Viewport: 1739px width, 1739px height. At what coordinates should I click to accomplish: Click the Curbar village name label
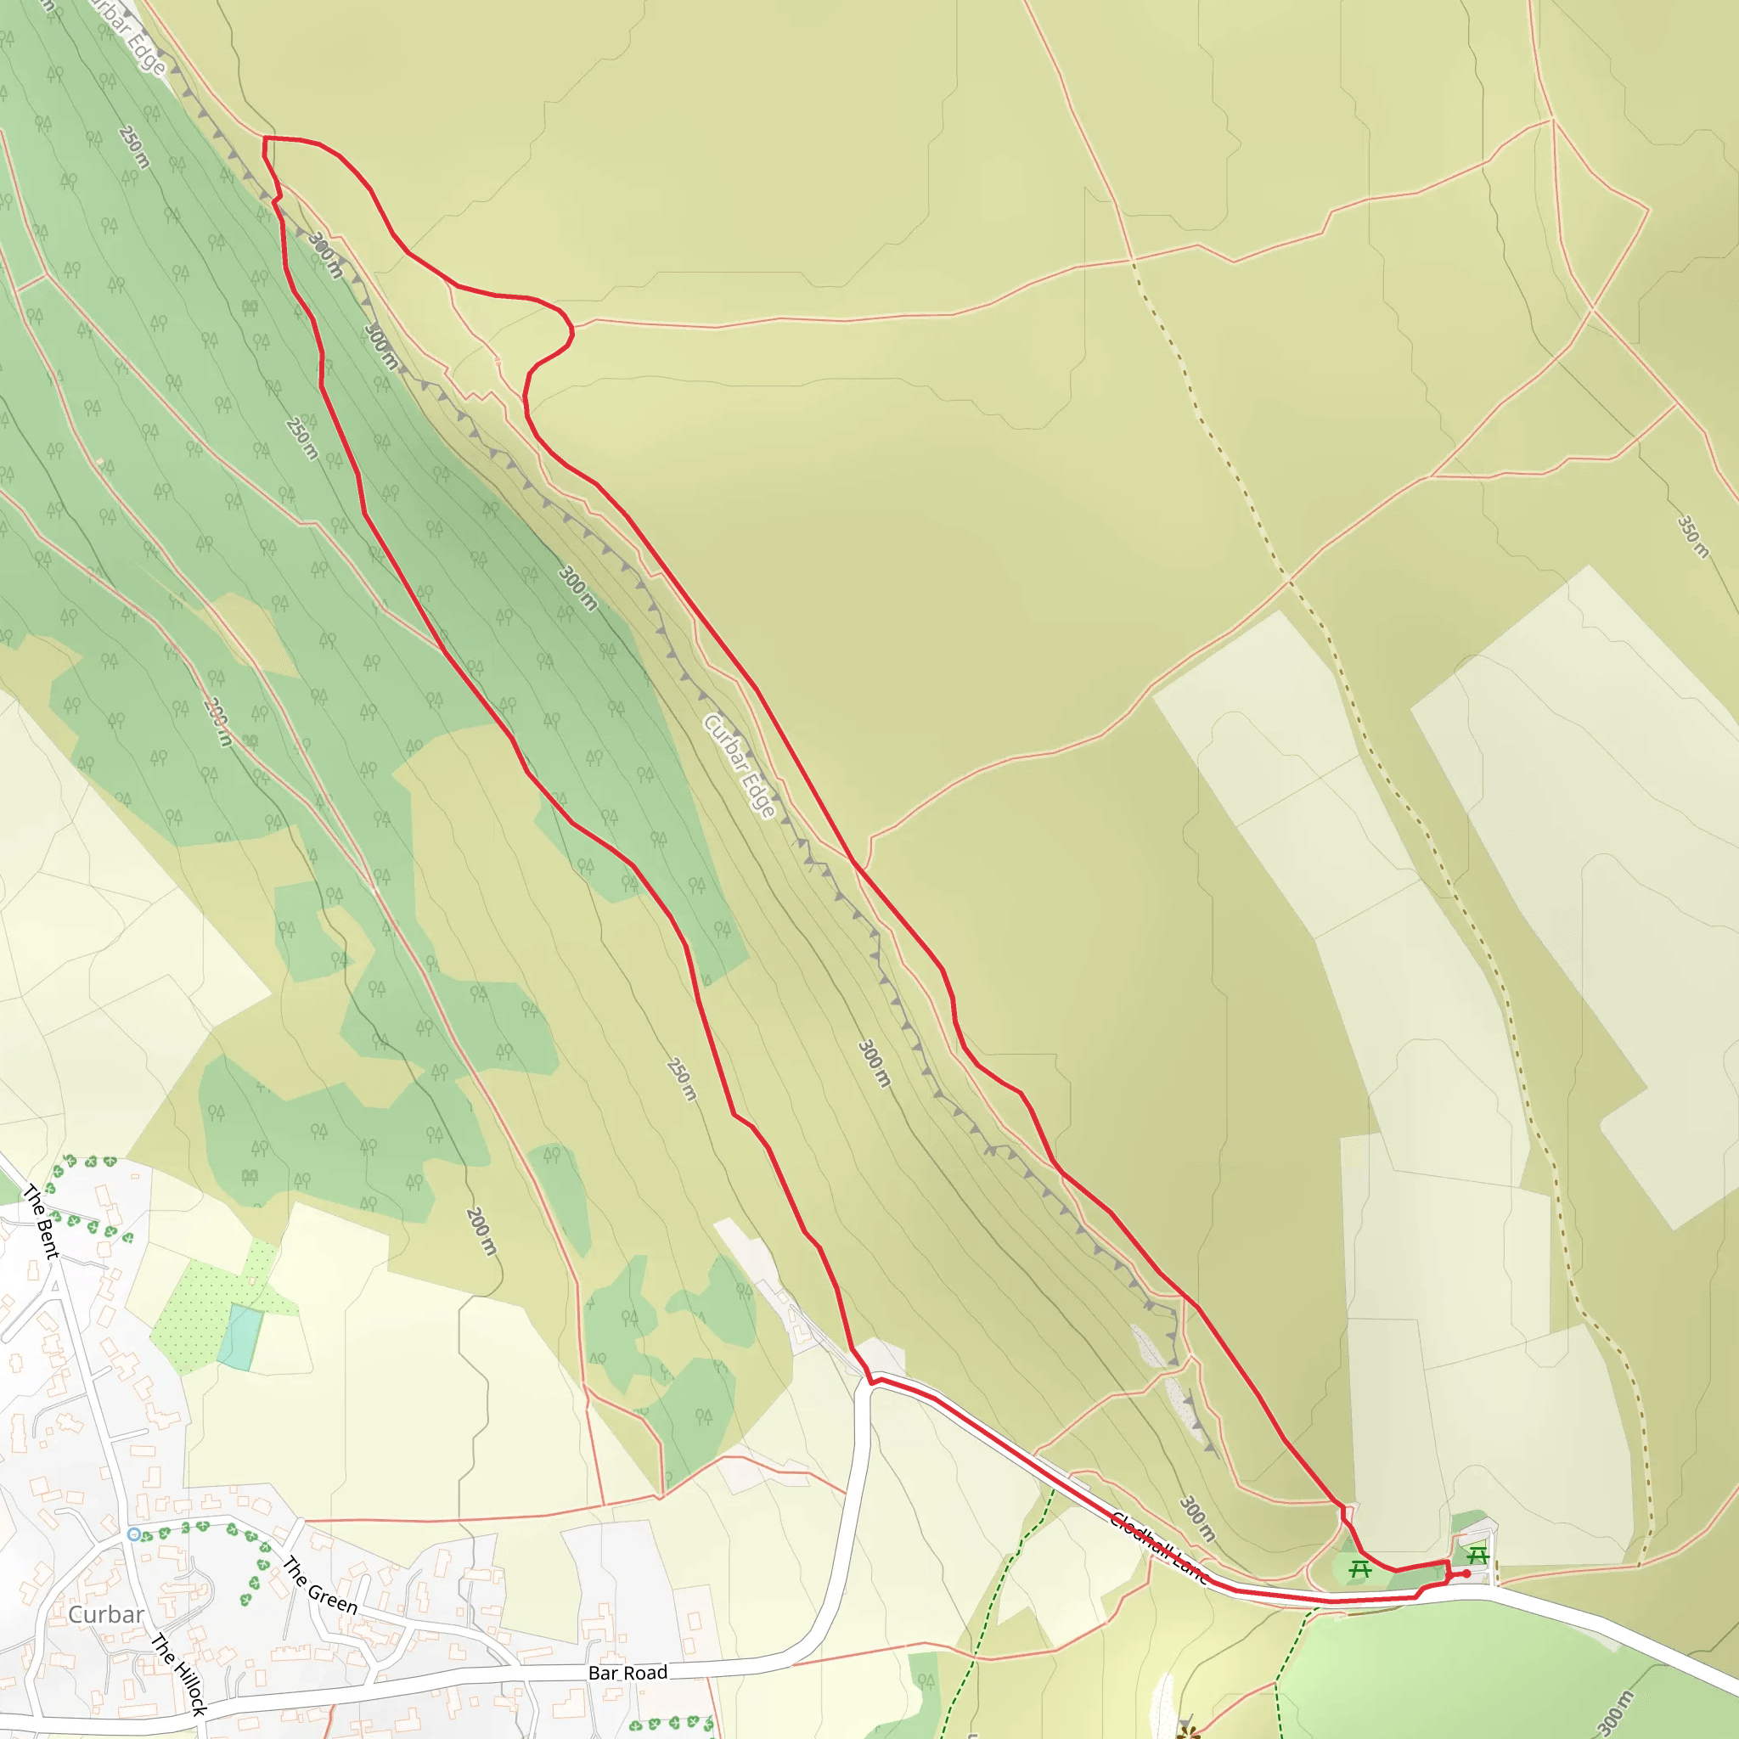coord(106,1614)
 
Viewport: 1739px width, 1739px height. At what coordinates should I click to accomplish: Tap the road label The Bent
coord(41,1221)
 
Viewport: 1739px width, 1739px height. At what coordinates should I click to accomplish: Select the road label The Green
coord(319,1585)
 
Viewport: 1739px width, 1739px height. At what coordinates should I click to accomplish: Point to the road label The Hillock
coord(178,1674)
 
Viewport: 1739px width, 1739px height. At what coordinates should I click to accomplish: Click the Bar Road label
coord(628,1673)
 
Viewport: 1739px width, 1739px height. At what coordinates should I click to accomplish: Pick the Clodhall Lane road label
coord(1158,1546)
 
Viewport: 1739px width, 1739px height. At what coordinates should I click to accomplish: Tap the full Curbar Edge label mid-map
coord(739,766)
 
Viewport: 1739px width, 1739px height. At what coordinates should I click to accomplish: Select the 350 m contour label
coord(1692,537)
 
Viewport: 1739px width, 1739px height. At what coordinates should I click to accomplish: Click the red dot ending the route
coord(1466,1573)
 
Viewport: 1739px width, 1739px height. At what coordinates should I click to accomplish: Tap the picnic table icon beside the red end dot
coord(1477,1556)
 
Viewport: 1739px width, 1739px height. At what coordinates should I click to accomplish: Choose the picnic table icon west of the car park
coord(1360,1570)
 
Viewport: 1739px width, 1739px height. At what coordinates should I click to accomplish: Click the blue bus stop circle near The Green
coord(134,1534)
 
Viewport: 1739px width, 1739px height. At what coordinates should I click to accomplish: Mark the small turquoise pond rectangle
coord(240,1337)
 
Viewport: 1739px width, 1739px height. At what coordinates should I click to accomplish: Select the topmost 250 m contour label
coord(134,147)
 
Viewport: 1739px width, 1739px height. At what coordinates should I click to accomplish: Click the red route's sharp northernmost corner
coord(265,138)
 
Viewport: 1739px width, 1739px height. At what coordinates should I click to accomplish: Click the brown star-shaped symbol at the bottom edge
coord(1189,1732)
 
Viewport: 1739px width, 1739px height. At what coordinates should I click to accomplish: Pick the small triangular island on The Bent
coord(55,1286)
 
